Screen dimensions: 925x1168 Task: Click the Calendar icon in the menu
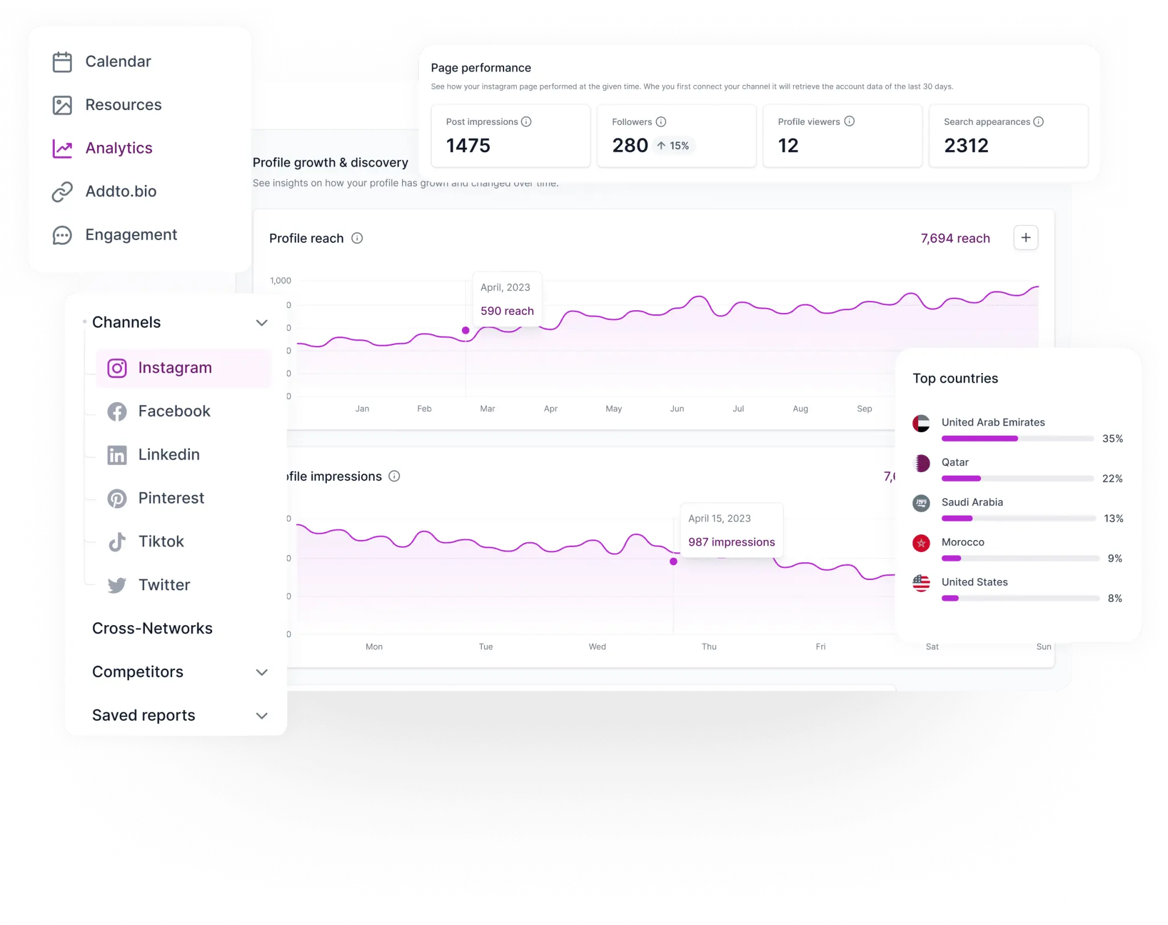tap(62, 62)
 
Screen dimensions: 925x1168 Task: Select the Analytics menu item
tap(119, 148)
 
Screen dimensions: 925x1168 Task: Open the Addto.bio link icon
tap(62, 192)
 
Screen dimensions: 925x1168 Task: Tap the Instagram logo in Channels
tap(117, 368)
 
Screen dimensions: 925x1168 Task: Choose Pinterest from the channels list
tap(171, 498)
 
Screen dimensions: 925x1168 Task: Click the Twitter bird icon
tap(117, 585)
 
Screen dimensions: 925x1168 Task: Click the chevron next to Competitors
tap(262, 672)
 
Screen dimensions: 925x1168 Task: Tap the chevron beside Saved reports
tap(262, 716)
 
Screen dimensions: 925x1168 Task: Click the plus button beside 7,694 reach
tap(1025, 238)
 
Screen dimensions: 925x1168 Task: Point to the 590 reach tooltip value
tap(507, 311)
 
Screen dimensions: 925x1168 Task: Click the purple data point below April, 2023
tap(465, 330)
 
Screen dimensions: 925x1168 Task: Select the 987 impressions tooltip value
tap(731, 542)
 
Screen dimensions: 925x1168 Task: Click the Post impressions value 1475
tap(468, 145)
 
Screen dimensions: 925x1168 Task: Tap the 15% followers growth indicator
tap(673, 146)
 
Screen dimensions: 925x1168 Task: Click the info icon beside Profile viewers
tap(849, 121)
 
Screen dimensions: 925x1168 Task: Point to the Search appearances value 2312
tap(966, 145)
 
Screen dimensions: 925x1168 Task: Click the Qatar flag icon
tap(921, 463)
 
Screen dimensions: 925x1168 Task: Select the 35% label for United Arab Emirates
tap(1112, 439)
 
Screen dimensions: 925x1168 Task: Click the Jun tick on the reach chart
tap(677, 409)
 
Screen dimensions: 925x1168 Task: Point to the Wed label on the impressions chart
tap(597, 647)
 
